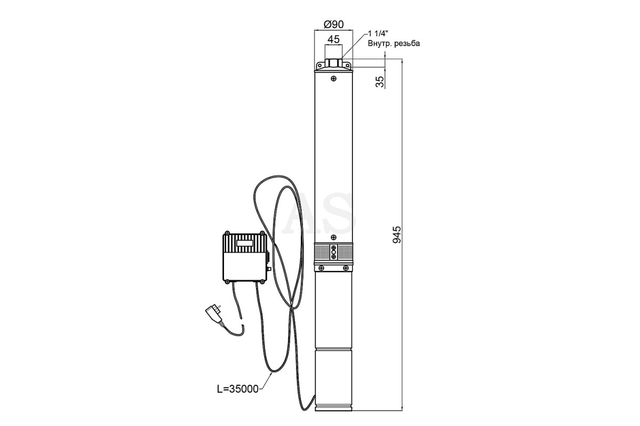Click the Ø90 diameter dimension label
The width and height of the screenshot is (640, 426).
coord(333,24)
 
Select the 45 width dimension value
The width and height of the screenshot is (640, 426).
coord(333,39)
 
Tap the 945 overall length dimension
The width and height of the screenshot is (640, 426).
coord(397,235)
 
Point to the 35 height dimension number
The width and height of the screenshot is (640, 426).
coord(379,81)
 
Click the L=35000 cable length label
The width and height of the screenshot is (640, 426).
coord(238,389)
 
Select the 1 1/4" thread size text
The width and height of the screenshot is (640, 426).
coord(378,34)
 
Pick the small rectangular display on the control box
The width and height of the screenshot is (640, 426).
coord(245,243)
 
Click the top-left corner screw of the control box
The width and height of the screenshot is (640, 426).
coord(227,233)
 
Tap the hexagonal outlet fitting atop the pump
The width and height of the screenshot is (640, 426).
coord(333,62)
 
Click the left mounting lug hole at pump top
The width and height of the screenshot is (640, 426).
coord(319,65)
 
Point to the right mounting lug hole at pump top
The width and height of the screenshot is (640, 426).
coord(347,65)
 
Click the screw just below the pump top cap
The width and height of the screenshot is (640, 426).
coord(333,78)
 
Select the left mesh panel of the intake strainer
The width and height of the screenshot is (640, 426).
coord(322,252)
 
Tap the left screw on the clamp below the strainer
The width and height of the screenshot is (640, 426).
coord(322,268)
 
